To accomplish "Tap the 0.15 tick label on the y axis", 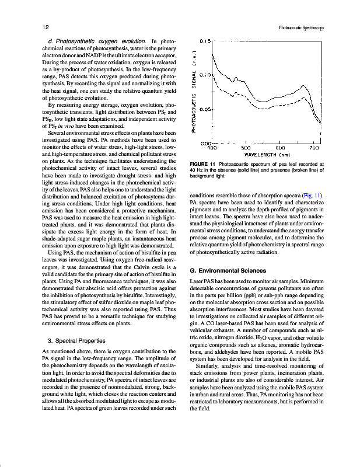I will [x=204, y=42].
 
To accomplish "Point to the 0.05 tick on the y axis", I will [x=204, y=109].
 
